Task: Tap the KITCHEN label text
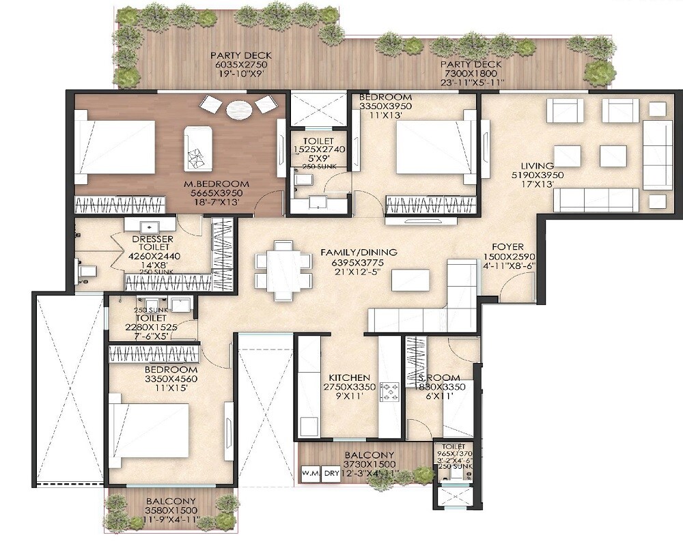coord(349,377)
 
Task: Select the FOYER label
coord(508,247)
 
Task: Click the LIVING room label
coord(536,166)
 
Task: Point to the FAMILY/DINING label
coord(359,253)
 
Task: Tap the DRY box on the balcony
coord(331,472)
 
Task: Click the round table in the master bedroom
coord(238,109)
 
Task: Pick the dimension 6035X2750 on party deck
coord(232,65)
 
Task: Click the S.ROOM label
coord(439,377)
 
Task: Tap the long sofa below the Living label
coord(595,199)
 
